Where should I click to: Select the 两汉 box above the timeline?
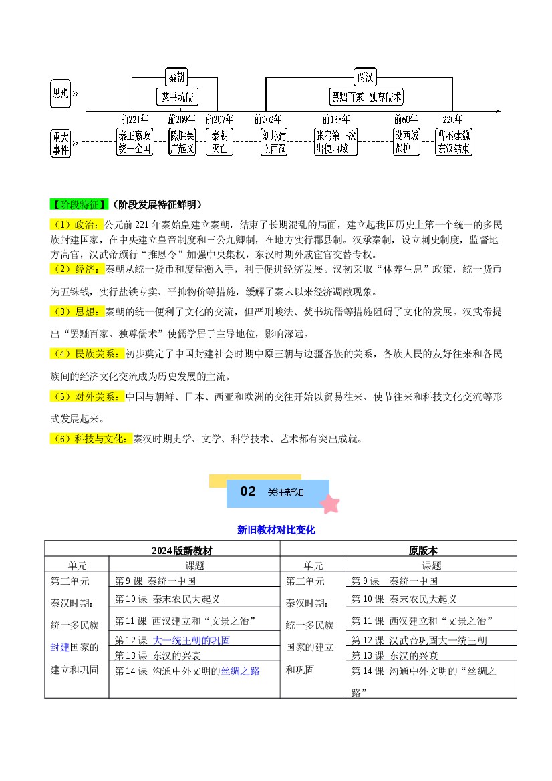pos(366,77)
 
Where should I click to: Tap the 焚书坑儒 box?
pos(178,97)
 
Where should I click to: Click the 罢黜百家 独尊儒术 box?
pos(367,97)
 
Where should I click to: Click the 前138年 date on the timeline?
pos(336,120)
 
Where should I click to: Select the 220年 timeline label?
pos(452,120)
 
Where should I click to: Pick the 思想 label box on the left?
pos(60,94)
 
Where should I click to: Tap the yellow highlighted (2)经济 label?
pos(76,269)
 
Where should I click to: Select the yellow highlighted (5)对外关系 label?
pos(87,397)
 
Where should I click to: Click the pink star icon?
pos(329,503)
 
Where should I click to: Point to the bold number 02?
pos(248,492)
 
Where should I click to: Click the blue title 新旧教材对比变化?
pos(276,530)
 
